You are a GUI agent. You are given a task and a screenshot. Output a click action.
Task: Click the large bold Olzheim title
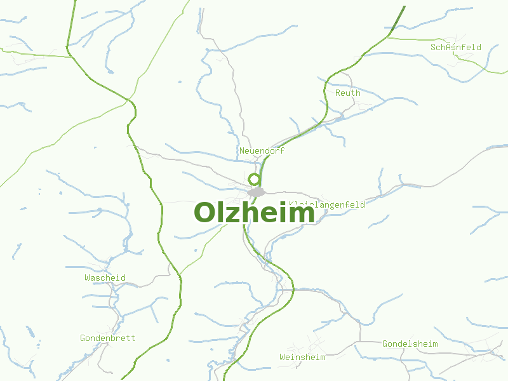pos(254,213)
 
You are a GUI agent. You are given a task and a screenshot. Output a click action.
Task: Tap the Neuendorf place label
pos(262,151)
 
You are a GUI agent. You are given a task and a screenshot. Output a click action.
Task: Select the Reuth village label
pos(347,93)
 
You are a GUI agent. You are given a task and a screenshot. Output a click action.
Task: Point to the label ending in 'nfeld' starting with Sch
pos(455,47)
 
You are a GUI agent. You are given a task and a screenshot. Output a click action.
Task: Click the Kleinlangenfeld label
pos(326,204)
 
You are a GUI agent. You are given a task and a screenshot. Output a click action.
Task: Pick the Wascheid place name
pos(105,277)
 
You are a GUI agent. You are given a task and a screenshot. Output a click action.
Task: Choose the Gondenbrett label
pos(107,338)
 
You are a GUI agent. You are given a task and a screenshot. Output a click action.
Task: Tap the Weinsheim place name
pos(302,357)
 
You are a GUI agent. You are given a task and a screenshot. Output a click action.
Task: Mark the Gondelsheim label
pos(410,344)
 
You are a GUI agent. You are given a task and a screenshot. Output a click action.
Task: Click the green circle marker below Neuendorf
pos(254,179)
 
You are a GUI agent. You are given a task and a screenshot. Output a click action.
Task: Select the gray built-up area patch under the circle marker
pos(256,192)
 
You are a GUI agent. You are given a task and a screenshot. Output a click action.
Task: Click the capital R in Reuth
pos(338,93)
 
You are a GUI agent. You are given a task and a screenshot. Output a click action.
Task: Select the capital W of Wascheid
pos(88,277)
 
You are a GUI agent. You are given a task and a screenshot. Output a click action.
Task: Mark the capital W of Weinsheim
pos(283,357)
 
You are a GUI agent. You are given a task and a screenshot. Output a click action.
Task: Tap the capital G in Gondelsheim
pos(385,344)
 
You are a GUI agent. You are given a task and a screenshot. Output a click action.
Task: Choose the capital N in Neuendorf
pos(242,151)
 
